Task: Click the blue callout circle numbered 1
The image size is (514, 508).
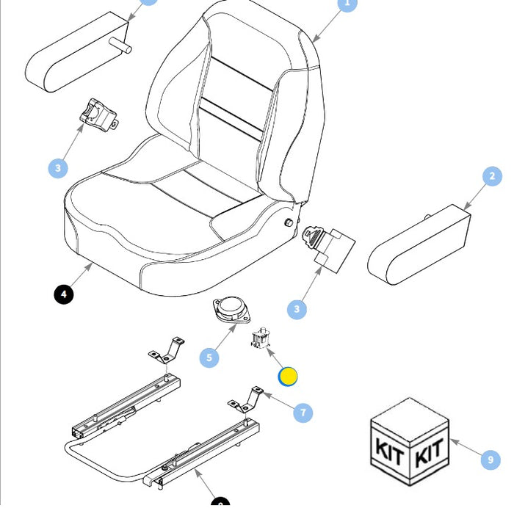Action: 347,4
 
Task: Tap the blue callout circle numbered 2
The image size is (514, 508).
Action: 492,176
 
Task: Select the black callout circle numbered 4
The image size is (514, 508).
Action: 64,294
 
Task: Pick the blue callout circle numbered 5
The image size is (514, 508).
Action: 210,358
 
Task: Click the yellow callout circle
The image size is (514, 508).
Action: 288,377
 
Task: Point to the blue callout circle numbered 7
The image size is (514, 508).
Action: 303,413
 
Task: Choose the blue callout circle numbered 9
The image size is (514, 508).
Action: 490,460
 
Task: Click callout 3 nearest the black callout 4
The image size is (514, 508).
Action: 59,168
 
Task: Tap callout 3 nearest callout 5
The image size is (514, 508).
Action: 297,309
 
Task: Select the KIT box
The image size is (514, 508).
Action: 408,443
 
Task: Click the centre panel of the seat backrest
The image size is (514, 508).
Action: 234,95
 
